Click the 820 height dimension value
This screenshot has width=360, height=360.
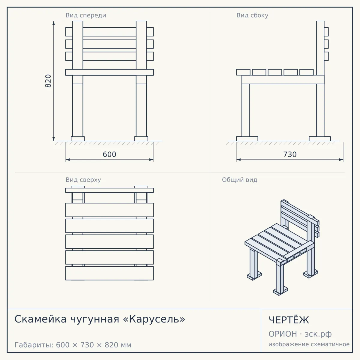(x=48, y=81)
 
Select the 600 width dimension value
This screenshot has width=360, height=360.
(x=109, y=154)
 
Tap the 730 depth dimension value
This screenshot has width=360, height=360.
(x=290, y=154)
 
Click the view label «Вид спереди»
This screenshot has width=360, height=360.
(x=86, y=16)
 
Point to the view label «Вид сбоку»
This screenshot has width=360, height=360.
(x=252, y=16)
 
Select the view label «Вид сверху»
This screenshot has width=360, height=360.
(x=83, y=180)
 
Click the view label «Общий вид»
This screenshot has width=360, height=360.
(x=239, y=180)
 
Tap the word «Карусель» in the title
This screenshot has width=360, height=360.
(x=154, y=319)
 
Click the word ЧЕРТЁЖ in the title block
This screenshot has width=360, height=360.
(x=289, y=320)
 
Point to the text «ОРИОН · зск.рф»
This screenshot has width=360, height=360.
(x=300, y=334)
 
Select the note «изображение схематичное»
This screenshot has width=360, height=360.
(x=309, y=344)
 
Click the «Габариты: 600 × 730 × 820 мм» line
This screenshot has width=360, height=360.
(x=73, y=345)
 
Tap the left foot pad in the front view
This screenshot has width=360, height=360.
(x=78, y=139)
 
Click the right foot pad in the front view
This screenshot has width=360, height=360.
(x=141, y=139)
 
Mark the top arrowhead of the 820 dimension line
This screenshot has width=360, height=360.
(x=54, y=23)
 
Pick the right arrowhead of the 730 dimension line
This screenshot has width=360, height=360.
(x=341, y=160)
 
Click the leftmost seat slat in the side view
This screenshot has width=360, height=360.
(x=243, y=72)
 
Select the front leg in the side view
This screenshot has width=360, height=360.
(x=245, y=110)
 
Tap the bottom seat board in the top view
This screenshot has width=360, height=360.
(x=109, y=273)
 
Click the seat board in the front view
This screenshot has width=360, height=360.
(x=109, y=72)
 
